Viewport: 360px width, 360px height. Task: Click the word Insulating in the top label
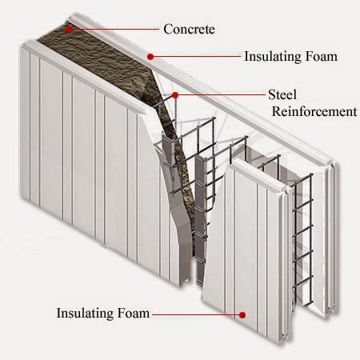(273, 56)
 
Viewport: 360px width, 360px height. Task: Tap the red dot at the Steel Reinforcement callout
(174, 94)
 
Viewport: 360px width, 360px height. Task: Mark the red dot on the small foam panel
(241, 314)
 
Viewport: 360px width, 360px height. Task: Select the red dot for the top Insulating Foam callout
(150, 56)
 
